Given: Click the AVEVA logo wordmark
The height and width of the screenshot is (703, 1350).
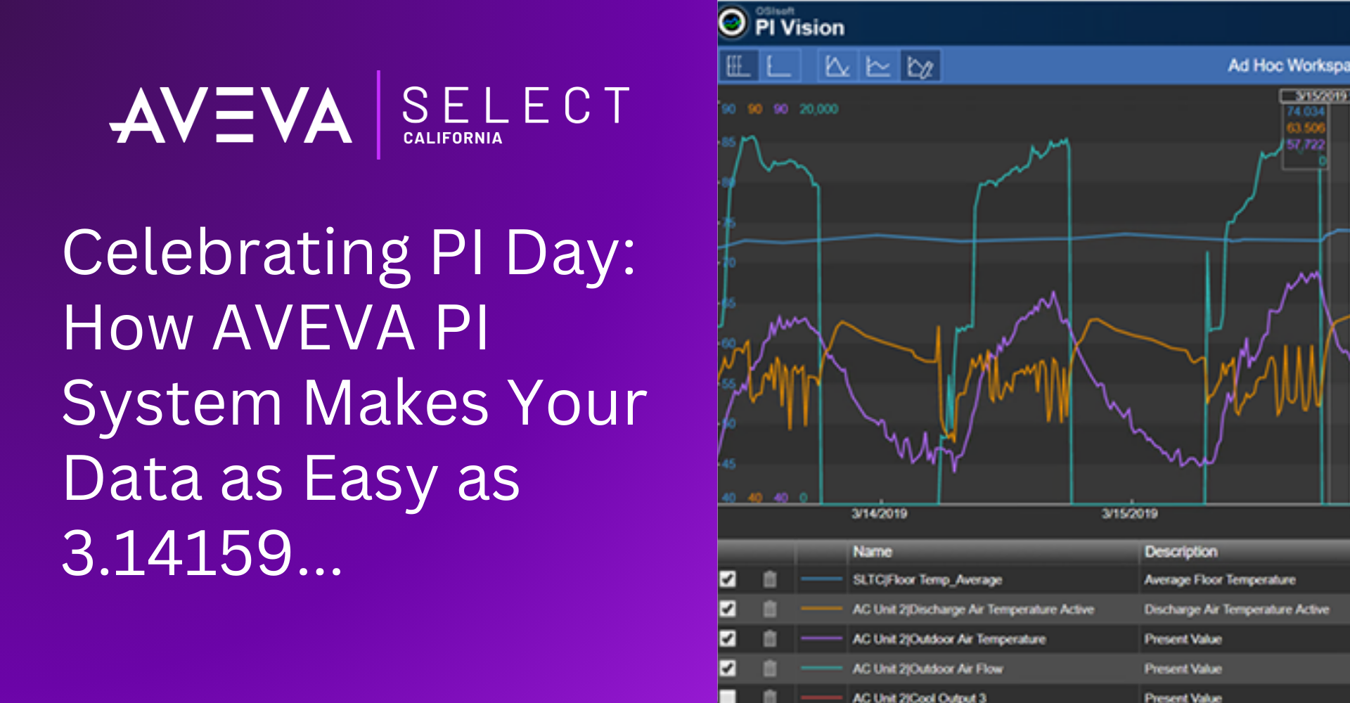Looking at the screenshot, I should tap(231, 115).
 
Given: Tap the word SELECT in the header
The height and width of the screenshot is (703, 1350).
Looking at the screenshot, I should tap(515, 105).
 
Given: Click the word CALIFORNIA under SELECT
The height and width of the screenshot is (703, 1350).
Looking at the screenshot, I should tap(453, 138).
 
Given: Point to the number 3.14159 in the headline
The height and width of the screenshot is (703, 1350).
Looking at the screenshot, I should tap(177, 553).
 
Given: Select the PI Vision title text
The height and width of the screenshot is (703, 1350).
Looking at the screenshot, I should tap(799, 27).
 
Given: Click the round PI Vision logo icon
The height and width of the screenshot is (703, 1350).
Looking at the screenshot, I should tap(733, 22).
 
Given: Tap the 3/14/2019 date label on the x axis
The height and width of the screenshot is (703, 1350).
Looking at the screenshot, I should tap(879, 514).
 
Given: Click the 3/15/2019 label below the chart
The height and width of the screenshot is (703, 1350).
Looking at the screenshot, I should tap(1129, 514).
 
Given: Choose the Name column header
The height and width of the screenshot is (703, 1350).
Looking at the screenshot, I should tap(873, 552).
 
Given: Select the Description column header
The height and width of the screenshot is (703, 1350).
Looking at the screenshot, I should tap(1181, 552).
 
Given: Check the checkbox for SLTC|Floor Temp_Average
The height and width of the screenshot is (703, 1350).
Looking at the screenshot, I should tap(728, 579).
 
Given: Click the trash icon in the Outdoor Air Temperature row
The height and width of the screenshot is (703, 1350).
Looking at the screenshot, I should tap(770, 638).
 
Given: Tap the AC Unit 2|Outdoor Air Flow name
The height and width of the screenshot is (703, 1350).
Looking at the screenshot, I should tap(927, 669).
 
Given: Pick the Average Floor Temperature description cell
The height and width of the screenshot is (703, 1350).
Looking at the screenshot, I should tap(1219, 580).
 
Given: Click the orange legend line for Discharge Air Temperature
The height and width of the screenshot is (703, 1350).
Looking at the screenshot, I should tap(821, 609).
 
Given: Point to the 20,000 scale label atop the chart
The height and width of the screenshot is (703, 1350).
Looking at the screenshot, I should tap(818, 109).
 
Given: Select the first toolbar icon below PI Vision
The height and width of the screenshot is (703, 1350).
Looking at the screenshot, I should tap(737, 66).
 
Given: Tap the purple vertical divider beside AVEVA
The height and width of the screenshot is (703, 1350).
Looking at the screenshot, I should tap(378, 115).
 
